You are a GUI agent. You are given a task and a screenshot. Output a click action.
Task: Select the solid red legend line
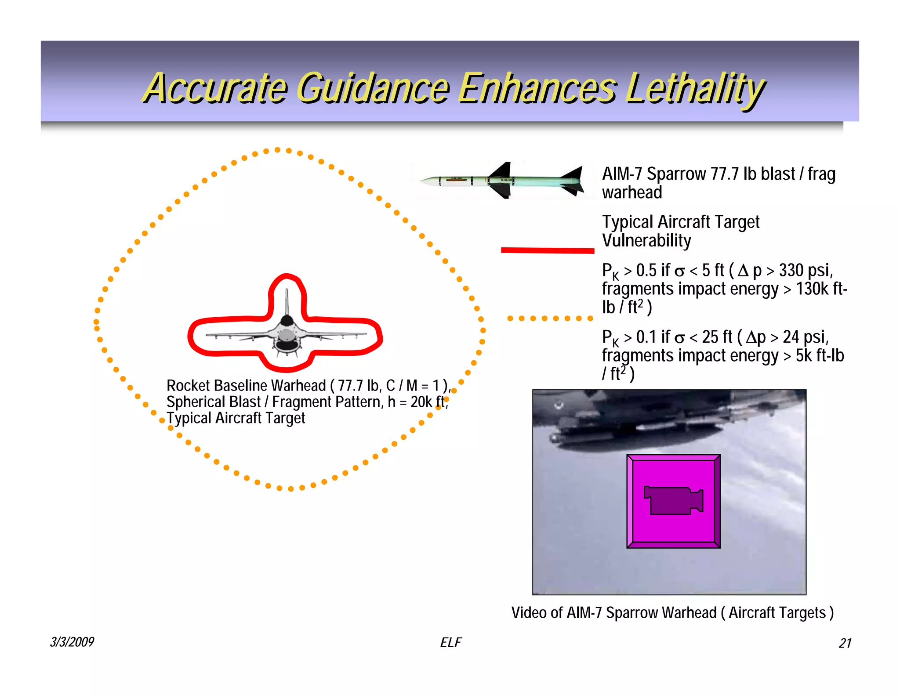548,250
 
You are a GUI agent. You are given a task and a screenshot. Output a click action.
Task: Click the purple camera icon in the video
673,500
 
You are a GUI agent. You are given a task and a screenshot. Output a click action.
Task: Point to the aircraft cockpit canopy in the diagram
287,321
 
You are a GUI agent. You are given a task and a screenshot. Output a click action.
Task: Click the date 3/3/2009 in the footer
72,642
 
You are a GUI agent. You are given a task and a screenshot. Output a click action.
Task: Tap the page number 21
845,643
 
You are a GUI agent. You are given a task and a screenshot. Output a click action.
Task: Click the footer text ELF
451,643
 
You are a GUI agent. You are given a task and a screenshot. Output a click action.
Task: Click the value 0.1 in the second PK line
646,337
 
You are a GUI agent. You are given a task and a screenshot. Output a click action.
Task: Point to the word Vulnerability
646,241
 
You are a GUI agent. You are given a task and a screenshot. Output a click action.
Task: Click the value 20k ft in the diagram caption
428,402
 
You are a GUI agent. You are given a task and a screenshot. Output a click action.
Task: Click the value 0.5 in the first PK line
646,271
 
